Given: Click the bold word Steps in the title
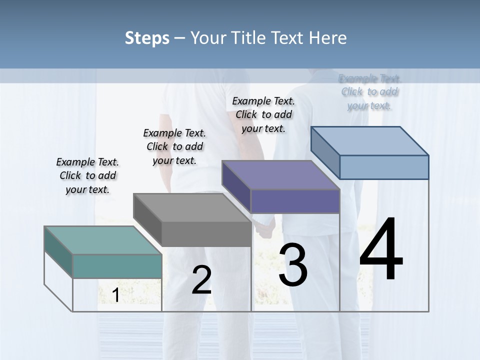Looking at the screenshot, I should point(147,38).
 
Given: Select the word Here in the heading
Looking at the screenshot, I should point(328,38).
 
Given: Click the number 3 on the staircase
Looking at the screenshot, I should point(293,266).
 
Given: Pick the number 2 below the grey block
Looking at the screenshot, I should point(201,280).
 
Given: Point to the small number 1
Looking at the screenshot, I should point(115,295).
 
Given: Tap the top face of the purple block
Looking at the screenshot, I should point(280,175).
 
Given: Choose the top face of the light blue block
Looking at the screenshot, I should point(369,140).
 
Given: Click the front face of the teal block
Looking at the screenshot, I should point(117,266).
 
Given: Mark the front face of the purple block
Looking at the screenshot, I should point(295,201).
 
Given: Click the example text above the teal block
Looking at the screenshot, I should point(87,175).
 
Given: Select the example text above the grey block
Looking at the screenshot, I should point(174,146).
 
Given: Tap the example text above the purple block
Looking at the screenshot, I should point(263,114).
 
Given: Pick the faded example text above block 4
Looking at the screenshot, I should point(370,92).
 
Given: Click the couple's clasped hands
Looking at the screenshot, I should point(263,227).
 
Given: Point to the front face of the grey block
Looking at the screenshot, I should point(206,234).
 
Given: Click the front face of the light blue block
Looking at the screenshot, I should point(384,167).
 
